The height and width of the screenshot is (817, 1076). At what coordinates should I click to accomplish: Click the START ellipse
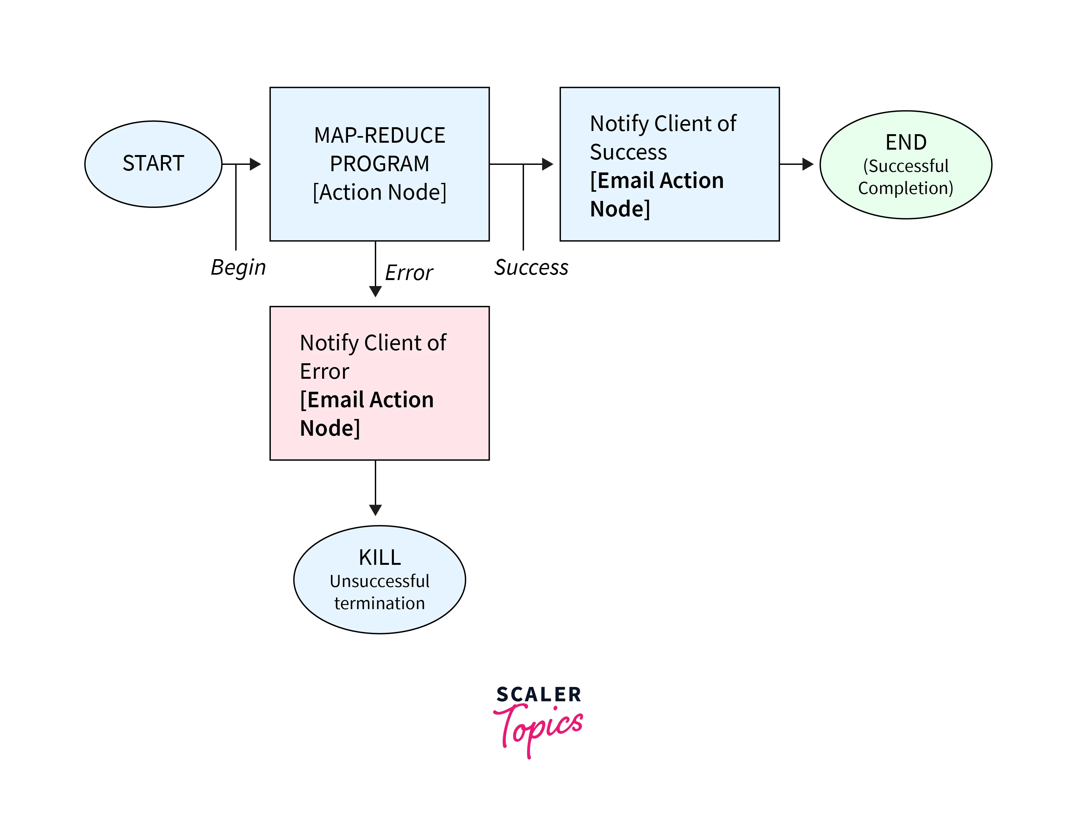pyautogui.click(x=153, y=164)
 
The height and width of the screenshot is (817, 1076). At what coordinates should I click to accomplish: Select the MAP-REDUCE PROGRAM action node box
pyautogui.click(x=379, y=164)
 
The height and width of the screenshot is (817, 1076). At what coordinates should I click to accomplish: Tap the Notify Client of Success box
pyautogui.click(x=669, y=164)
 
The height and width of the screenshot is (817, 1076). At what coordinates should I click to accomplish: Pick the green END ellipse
pyautogui.click(x=906, y=165)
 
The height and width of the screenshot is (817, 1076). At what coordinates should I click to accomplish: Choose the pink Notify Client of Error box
pyautogui.click(x=379, y=383)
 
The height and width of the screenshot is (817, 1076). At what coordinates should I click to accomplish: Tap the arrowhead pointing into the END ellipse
pyautogui.click(x=807, y=164)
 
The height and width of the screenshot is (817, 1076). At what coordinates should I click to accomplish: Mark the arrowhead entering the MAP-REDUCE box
pyautogui.click(x=255, y=164)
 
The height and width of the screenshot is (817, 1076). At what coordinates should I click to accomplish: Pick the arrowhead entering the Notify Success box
pyautogui.click(x=547, y=164)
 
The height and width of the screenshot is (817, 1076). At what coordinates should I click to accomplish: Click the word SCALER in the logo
pyautogui.click(x=538, y=694)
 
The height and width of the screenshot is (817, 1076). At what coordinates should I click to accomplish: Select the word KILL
pyautogui.click(x=379, y=558)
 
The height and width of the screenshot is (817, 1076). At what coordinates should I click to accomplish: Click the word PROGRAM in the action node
pyautogui.click(x=379, y=164)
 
